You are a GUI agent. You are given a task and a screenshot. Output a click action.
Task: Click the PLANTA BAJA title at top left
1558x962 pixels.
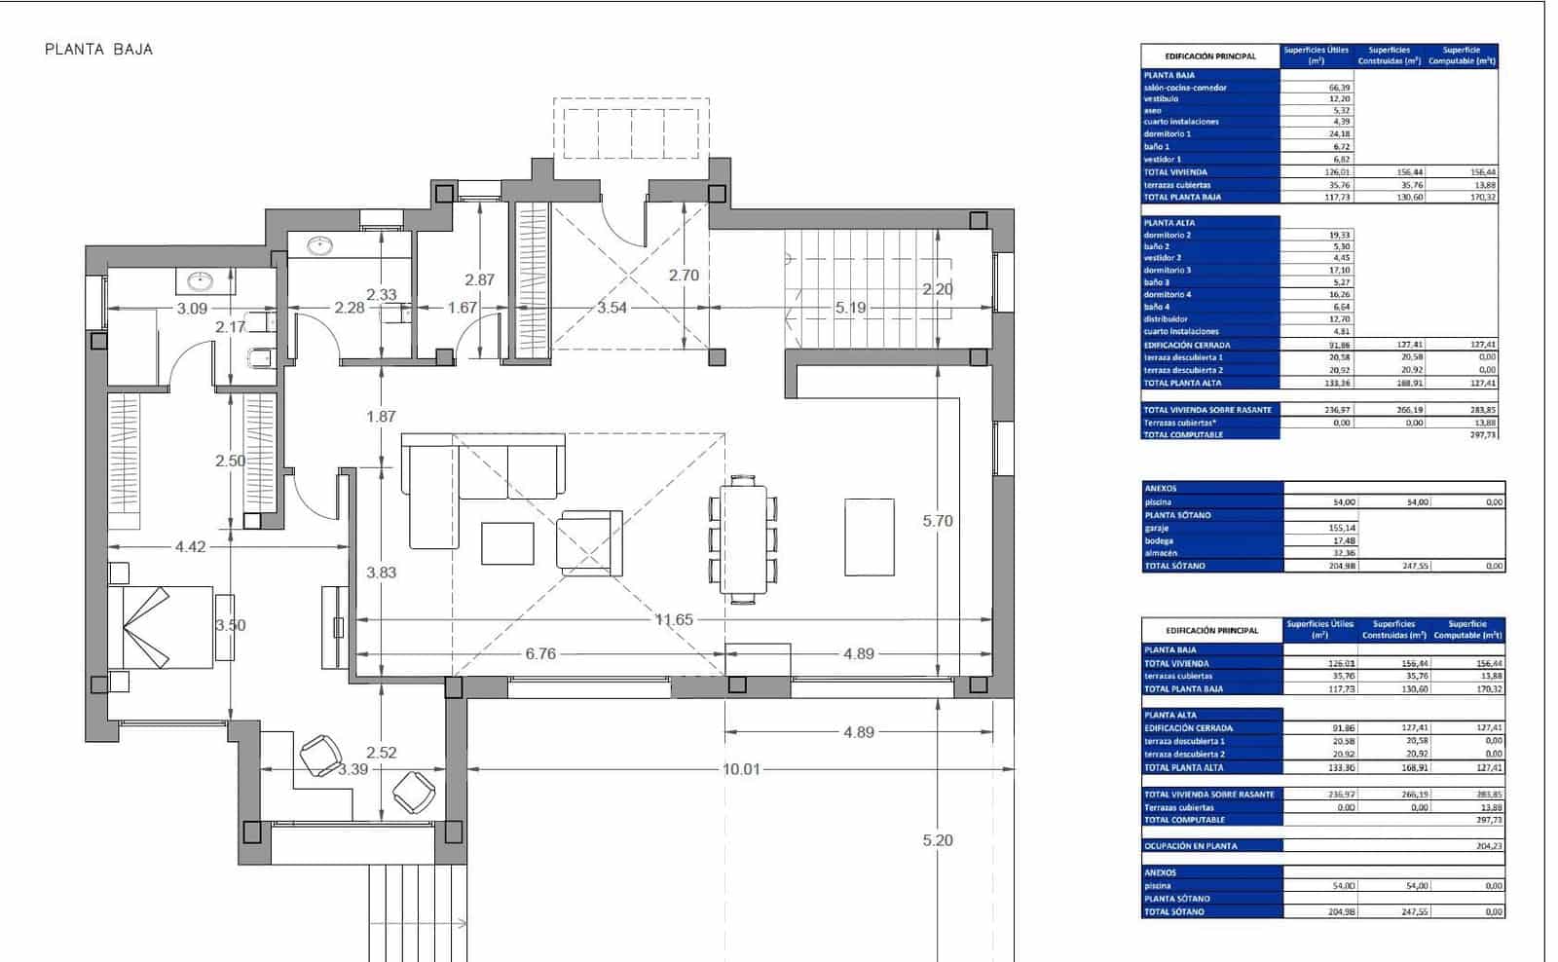tap(98, 50)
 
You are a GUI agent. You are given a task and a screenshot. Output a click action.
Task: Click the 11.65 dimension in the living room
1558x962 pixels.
tap(674, 619)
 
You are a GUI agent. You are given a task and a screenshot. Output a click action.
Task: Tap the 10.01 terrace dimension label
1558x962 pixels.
tap(741, 769)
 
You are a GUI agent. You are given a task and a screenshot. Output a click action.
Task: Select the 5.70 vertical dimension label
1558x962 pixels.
tap(938, 521)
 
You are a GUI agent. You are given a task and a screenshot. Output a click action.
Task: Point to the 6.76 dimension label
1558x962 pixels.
tap(540, 654)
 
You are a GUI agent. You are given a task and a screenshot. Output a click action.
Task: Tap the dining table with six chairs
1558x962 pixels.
tap(743, 535)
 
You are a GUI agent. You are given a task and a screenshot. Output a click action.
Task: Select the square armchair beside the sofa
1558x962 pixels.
tap(589, 540)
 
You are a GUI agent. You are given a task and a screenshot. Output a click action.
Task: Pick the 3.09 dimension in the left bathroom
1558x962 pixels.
tap(191, 309)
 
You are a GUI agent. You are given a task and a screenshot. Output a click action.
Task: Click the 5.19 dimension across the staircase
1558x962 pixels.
tap(850, 308)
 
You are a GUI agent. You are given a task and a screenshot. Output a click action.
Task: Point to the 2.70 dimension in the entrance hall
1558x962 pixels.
tap(684, 276)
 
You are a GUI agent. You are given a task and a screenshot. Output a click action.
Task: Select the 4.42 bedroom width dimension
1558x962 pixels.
tap(191, 547)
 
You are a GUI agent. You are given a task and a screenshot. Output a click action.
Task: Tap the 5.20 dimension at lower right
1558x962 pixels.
tap(938, 840)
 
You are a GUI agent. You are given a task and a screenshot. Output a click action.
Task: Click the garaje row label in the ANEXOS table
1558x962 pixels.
tap(1159, 528)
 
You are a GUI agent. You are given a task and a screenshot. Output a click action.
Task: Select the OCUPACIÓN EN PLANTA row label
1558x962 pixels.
tap(1191, 846)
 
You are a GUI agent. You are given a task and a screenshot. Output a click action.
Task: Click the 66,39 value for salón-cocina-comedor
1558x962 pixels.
tap(1339, 88)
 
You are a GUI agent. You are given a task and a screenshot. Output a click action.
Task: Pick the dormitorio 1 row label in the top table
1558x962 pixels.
tap(1168, 134)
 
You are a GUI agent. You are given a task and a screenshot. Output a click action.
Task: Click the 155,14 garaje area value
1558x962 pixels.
tap(1342, 528)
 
